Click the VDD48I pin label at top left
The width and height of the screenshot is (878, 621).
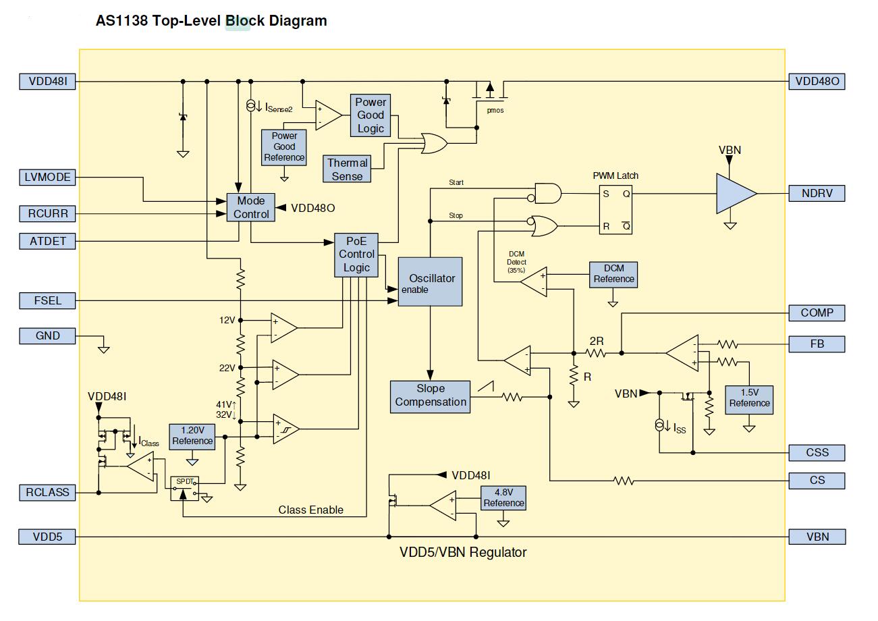tap(47, 82)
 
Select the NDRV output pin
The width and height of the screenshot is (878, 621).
tap(817, 194)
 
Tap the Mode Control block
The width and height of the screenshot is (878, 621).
tap(251, 207)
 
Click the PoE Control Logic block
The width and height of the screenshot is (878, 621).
tap(356, 254)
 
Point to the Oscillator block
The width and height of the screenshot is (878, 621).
tap(430, 281)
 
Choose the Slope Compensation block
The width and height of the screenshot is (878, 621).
tap(430, 396)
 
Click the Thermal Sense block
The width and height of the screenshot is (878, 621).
tap(348, 169)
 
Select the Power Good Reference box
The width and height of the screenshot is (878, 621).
tap(284, 146)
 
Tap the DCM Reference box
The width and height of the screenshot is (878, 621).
tap(613, 274)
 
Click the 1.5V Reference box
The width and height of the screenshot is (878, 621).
tap(748, 398)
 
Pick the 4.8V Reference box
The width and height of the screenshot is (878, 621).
tap(503, 498)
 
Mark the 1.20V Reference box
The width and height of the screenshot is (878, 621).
tap(192, 436)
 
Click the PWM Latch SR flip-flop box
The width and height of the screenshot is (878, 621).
tap(615, 210)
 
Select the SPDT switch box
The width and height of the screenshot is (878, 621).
tap(184, 488)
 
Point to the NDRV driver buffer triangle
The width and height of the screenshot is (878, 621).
tap(735, 194)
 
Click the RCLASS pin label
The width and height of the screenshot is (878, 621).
tap(47, 492)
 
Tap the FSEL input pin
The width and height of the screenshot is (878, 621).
tap(47, 300)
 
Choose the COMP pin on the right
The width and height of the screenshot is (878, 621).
tap(817, 313)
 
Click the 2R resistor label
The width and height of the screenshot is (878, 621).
tap(596, 341)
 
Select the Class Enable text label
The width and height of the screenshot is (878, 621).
tap(310, 510)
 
